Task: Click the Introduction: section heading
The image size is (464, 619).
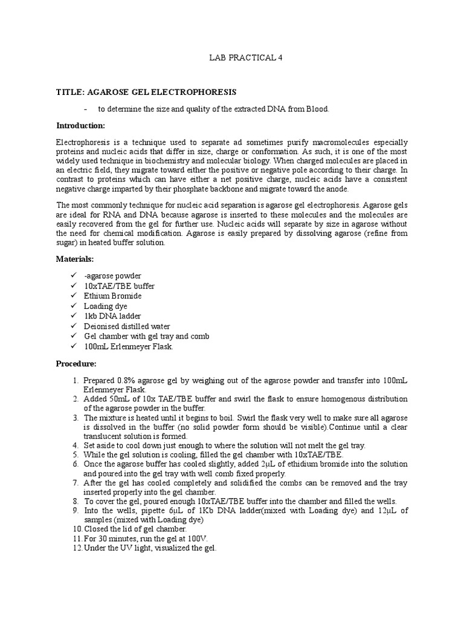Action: click(x=80, y=126)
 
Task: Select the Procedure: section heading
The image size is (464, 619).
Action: click(x=76, y=364)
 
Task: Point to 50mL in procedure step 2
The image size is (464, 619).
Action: click(x=120, y=399)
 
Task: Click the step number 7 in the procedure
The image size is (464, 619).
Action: click(x=76, y=483)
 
